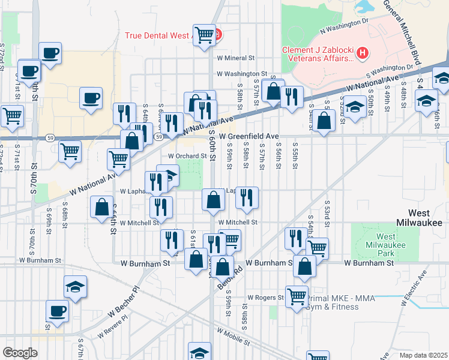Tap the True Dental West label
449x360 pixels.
(157, 35)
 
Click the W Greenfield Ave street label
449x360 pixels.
(249, 137)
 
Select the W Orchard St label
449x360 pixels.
(187, 155)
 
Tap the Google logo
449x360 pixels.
(20, 353)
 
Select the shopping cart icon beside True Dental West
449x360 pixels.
(205, 34)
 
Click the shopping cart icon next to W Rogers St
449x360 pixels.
(297, 296)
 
